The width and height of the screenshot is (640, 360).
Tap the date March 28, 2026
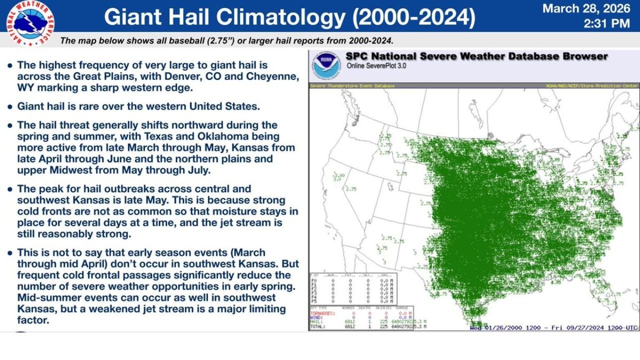(x=585, y=8)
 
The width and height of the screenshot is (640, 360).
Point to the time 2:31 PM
(x=606, y=23)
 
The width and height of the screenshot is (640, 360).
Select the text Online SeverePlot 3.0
(x=375, y=66)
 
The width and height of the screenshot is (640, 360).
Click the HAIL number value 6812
(x=349, y=321)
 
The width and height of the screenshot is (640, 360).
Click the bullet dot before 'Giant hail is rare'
(x=10, y=106)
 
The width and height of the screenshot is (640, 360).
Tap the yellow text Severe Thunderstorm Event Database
(x=352, y=86)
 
